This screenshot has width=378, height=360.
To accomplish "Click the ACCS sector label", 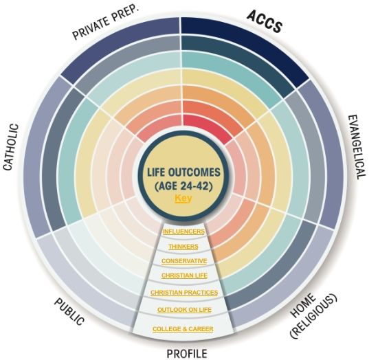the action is click(x=265, y=21).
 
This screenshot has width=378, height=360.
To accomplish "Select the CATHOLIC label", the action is click(x=11, y=147).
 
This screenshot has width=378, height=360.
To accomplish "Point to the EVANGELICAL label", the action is click(x=357, y=147).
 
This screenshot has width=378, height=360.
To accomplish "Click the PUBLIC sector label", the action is click(x=69, y=311).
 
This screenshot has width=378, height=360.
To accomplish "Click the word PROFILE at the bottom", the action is click(x=187, y=354).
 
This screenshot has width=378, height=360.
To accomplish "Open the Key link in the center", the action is click(x=184, y=199).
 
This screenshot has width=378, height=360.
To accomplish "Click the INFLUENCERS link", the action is click(x=184, y=232).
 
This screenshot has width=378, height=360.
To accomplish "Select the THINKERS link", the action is click(x=184, y=247).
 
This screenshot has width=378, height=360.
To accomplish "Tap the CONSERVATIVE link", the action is click(x=184, y=261).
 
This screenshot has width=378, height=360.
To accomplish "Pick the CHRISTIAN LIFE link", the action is click(x=184, y=275).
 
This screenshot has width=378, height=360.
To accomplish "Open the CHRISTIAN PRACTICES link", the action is click(x=184, y=293).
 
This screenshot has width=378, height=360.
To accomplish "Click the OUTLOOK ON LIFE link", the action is click(x=184, y=310).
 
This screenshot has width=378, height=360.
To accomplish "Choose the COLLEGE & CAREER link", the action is click(x=183, y=329).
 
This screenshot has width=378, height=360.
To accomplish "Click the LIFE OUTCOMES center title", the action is click(x=184, y=172).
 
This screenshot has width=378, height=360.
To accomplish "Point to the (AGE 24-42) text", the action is click(x=184, y=186).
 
